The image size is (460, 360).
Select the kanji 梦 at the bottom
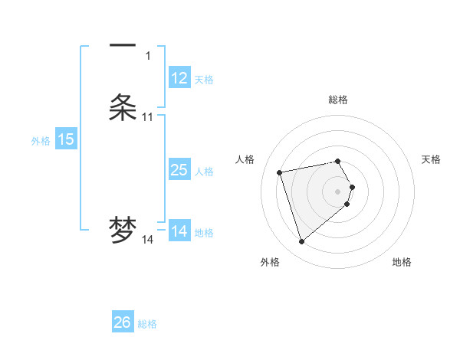pyautogui.click(x=123, y=231)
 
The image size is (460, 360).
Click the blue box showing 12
pyautogui.click(x=179, y=78)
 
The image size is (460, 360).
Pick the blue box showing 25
pyautogui.click(x=179, y=170)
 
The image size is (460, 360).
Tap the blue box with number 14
pyautogui.click(x=179, y=231)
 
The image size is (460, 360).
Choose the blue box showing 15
pyautogui.click(x=66, y=139)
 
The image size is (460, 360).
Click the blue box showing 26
pyautogui.click(x=123, y=322)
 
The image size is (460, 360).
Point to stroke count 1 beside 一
pyautogui.click(x=148, y=55)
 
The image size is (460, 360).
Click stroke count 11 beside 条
pyautogui.click(x=147, y=117)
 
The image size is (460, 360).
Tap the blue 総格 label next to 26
pyautogui.click(x=147, y=324)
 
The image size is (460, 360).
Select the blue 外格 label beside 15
pyautogui.click(x=41, y=141)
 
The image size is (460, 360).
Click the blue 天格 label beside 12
pyautogui.click(x=204, y=80)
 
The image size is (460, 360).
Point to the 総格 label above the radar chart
pyautogui.click(x=338, y=100)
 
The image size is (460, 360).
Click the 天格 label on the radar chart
pyautogui.click(x=432, y=159)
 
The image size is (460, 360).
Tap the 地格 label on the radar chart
pyautogui.click(x=402, y=263)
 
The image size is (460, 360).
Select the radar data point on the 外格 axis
pyautogui.click(x=302, y=242)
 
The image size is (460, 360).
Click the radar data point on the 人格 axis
pyautogui.click(x=280, y=172)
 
